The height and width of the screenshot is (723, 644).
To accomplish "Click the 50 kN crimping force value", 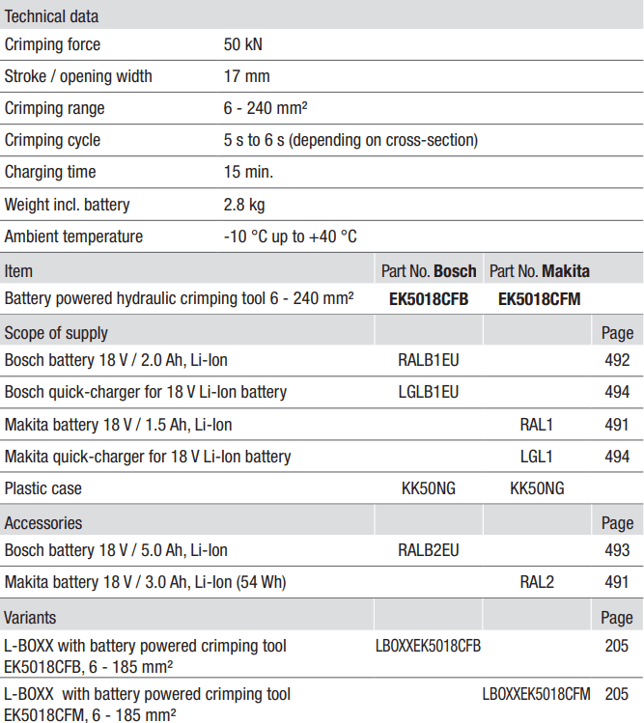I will pyautogui.click(x=242, y=44).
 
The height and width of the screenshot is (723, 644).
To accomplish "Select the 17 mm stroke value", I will pyautogui.click(x=246, y=76).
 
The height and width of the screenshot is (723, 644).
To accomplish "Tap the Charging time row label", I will pyautogui.click(x=50, y=172).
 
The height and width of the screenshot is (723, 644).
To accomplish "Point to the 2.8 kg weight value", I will pyautogui.click(x=243, y=205).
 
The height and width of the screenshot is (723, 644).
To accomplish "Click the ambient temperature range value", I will pyautogui.click(x=290, y=236).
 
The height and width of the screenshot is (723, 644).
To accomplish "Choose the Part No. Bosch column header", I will pyautogui.click(x=429, y=271).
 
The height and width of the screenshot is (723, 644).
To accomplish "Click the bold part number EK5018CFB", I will pyautogui.click(x=429, y=299).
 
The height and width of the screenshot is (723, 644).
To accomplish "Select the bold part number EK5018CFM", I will pyautogui.click(x=539, y=299).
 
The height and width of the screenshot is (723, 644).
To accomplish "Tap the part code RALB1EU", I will pyautogui.click(x=429, y=361).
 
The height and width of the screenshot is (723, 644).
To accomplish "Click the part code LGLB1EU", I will pyautogui.click(x=429, y=393).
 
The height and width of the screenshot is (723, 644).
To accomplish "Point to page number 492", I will pyautogui.click(x=615, y=361).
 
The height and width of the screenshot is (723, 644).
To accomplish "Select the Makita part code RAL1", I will pyautogui.click(x=537, y=425).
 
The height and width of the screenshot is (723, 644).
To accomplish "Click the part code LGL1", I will pyautogui.click(x=537, y=457).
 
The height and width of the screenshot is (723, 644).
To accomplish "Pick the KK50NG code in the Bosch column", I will pyautogui.click(x=429, y=488).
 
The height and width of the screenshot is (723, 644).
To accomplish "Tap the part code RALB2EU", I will pyautogui.click(x=429, y=550).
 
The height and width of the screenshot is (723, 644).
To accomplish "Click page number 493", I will pyautogui.click(x=615, y=550).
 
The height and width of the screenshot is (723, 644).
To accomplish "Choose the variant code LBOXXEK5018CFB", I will pyautogui.click(x=428, y=646).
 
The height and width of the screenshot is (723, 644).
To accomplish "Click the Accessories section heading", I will pyautogui.click(x=43, y=522).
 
